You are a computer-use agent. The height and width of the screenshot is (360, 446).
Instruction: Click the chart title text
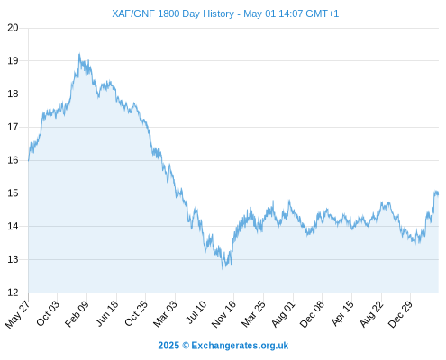pos(225,13)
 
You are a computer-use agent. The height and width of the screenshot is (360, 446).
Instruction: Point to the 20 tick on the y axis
pos(13,28)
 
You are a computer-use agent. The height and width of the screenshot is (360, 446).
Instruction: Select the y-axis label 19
pos(13,61)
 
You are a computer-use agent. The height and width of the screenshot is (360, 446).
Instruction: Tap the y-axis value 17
pos(13,127)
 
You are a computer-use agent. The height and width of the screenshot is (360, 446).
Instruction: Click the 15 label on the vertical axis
pos(13,193)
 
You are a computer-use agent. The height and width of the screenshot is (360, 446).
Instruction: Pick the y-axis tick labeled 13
pos(13,259)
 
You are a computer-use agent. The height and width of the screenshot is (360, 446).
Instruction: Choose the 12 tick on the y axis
pos(13,292)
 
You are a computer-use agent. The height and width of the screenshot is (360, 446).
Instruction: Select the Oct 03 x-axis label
pos(48,313)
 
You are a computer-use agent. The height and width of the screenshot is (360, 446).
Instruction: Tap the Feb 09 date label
pos(77,313)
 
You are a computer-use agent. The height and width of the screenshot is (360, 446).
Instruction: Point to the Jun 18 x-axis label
pos(106,313)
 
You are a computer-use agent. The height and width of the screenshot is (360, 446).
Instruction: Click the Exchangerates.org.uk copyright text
pos(223,346)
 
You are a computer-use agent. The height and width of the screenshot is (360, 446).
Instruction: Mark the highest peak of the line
pos(79,54)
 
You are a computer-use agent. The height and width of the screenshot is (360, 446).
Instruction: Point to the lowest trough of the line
pos(223,270)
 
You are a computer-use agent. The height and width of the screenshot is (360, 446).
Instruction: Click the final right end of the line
pos(438,193)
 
